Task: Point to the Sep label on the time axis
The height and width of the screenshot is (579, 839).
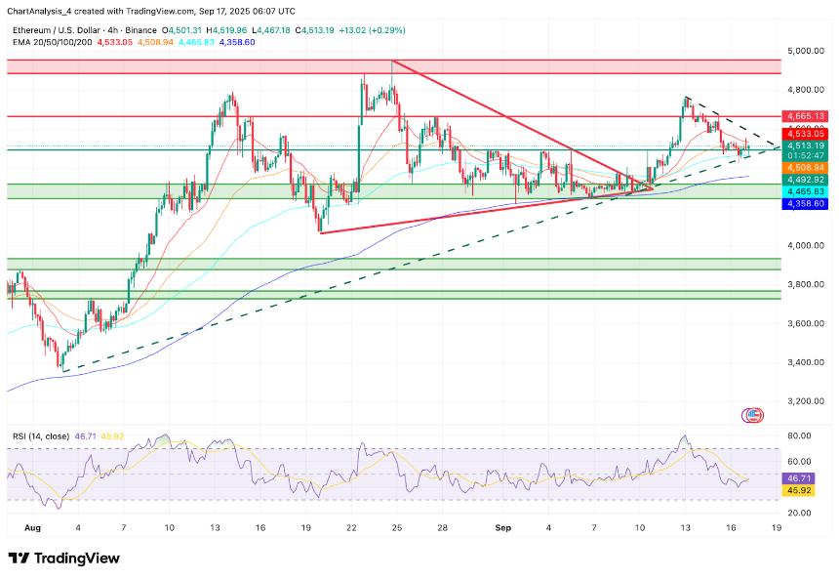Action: point(503,527)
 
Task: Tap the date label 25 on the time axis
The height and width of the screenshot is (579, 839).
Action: point(397,527)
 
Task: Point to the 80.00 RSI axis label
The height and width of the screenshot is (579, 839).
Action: point(802,436)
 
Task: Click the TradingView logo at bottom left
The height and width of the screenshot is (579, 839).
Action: point(64,558)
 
